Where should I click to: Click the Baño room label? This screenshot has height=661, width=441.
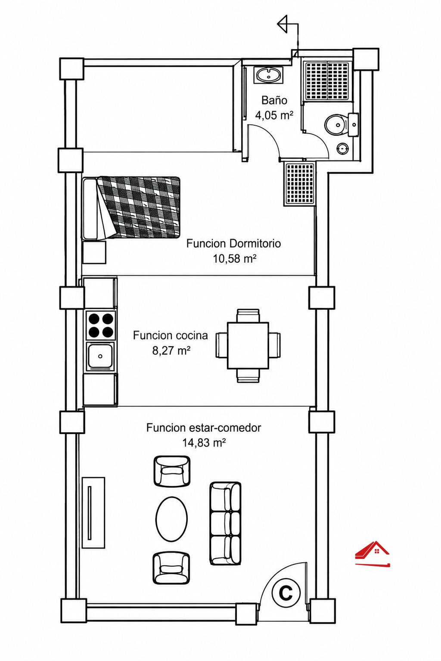[274, 100]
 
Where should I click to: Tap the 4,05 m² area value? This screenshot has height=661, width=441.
[274, 115]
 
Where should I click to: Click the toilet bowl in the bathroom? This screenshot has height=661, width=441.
[336, 125]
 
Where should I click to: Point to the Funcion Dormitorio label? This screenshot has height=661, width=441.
[233, 244]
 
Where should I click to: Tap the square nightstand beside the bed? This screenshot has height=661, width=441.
[94, 252]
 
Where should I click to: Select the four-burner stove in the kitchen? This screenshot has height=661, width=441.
[100, 325]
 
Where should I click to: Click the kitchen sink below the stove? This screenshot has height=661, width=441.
[100, 356]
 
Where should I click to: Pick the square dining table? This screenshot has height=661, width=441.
[248, 345]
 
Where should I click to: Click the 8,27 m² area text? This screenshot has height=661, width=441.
[171, 351]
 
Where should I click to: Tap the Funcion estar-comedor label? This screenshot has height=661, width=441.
[204, 428]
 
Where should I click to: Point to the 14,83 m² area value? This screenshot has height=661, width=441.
[204, 443]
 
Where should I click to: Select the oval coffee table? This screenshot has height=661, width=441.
[171, 519]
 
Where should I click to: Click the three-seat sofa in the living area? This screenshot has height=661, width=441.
[225, 524]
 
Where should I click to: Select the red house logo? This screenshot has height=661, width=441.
[373, 554]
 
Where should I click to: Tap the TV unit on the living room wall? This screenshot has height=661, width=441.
[93, 512]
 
